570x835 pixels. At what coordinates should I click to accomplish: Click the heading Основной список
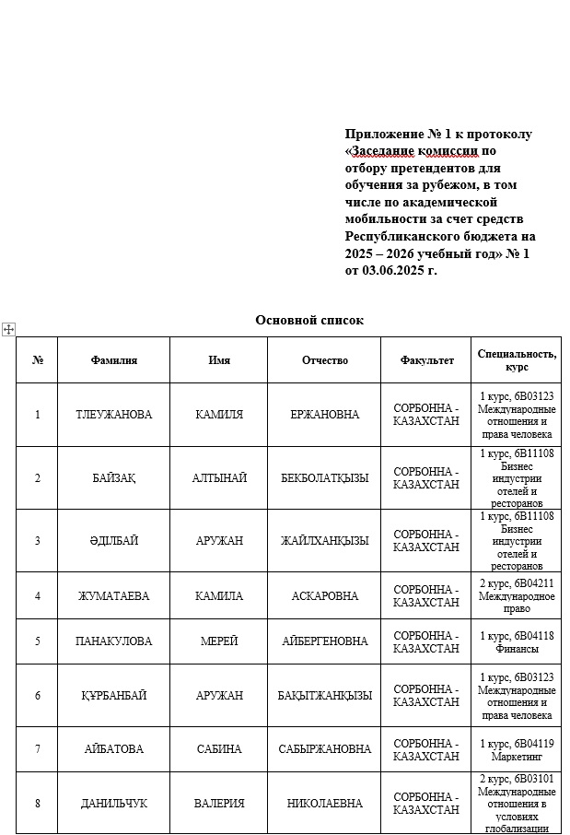click(309, 321)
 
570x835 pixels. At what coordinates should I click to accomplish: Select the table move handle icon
click(8, 329)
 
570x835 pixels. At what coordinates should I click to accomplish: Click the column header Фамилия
click(113, 360)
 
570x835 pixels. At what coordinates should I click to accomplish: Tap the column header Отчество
click(324, 360)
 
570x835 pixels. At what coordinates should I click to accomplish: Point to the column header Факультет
click(426, 360)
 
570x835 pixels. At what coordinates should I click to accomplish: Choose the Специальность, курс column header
click(516, 359)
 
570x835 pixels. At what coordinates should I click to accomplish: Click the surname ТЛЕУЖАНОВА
click(113, 415)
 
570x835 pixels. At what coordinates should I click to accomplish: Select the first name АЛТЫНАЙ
click(219, 478)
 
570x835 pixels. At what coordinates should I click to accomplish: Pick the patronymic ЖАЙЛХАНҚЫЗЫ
click(324, 541)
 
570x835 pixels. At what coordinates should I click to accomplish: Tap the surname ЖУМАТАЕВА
click(113, 596)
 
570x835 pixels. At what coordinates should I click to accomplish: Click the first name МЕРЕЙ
click(219, 641)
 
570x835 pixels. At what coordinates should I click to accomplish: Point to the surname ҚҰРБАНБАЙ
click(113, 696)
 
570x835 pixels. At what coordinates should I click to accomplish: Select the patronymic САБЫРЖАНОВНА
click(324, 750)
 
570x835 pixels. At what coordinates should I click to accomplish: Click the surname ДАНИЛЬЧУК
click(113, 804)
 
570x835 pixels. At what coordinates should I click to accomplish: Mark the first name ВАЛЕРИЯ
click(219, 804)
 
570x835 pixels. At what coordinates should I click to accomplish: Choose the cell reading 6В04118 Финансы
click(516, 641)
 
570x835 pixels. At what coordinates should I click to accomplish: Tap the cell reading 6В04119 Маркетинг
click(516, 750)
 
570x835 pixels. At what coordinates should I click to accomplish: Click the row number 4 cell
click(37, 596)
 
